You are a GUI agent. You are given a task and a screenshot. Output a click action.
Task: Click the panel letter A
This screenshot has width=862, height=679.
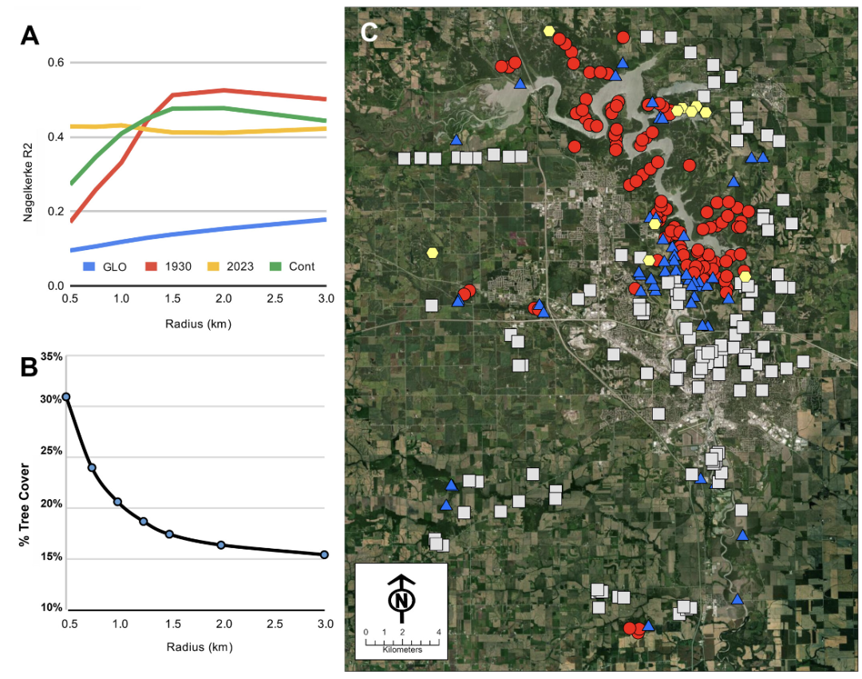point(30,36)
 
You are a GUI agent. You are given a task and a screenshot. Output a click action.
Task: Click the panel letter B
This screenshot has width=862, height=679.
point(29,367)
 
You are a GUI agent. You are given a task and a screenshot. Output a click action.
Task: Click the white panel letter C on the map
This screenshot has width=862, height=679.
point(369,33)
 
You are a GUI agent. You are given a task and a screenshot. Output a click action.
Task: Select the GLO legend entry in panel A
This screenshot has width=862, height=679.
point(105,267)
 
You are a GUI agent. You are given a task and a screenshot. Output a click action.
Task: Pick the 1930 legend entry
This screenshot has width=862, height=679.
point(168,267)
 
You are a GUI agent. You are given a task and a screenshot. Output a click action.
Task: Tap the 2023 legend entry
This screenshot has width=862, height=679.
point(231,267)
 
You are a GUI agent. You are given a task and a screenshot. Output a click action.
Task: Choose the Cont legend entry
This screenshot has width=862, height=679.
point(292,267)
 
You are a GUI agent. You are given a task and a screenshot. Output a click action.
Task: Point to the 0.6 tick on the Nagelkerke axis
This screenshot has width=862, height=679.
point(56,62)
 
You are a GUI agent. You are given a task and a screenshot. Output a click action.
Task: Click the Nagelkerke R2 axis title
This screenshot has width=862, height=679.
point(28,183)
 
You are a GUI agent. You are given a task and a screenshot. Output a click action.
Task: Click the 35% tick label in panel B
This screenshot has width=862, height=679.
point(52,356)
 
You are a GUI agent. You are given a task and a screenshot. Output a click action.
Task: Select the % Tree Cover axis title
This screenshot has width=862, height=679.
point(24,505)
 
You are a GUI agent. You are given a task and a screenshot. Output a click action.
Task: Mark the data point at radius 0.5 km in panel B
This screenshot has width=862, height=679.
point(66,397)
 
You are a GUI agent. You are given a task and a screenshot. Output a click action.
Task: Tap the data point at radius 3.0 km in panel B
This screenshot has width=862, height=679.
point(324,554)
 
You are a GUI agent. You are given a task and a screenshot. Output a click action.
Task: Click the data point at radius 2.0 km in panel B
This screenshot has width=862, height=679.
point(221,545)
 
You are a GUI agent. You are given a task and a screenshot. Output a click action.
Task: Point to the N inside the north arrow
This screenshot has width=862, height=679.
point(401,600)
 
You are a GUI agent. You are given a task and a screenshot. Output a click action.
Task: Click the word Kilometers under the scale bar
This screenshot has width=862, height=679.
point(402,649)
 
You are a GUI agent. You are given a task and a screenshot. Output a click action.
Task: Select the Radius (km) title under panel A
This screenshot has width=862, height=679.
point(199,324)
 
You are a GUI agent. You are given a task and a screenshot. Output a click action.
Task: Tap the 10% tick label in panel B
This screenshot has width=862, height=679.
point(52,607)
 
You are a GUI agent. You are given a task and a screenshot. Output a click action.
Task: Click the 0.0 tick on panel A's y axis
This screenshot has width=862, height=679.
point(56,286)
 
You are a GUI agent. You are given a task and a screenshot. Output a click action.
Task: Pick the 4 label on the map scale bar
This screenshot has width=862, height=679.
point(439,632)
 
